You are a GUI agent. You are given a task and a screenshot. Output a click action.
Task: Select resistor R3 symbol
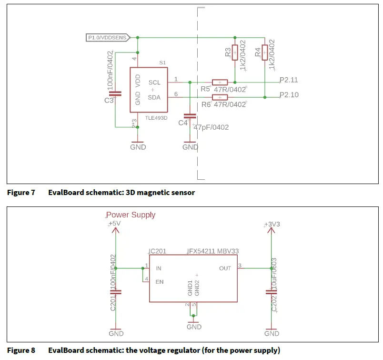[x=234, y=52]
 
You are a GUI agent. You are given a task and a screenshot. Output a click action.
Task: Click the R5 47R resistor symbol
[x=220, y=82]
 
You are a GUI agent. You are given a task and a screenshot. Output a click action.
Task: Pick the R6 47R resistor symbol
[x=220, y=97]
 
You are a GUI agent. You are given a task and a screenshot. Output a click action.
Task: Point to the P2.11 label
[x=289, y=80]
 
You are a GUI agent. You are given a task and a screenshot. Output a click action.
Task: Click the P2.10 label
[x=289, y=95]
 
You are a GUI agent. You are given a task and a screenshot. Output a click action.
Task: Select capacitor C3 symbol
[x=115, y=94]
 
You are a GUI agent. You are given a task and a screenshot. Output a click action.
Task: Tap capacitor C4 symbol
[x=190, y=116]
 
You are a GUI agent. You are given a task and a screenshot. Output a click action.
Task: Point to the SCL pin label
[x=154, y=82]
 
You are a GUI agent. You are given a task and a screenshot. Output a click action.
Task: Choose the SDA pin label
[x=154, y=97]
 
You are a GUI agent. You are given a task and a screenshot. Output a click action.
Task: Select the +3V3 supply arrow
[x=272, y=230]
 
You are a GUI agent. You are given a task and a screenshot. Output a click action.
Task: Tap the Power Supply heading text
[x=131, y=215]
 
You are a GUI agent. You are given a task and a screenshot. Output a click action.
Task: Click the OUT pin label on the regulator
[x=225, y=268]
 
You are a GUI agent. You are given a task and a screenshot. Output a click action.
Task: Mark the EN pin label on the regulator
[x=160, y=282]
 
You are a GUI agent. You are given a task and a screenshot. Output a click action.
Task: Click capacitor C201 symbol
[x=115, y=292]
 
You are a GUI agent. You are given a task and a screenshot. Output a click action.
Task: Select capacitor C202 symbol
[x=272, y=292]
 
